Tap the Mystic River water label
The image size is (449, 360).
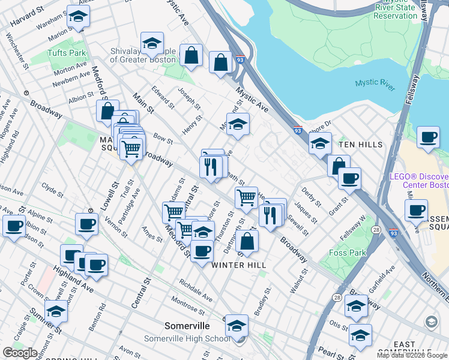(x=375, y=84)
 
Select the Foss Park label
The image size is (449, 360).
(x=348, y=253)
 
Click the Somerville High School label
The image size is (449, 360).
(x=187, y=338)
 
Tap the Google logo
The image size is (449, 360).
(x=20, y=353)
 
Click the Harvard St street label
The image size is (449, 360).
(x=28, y=19)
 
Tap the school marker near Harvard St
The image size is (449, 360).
(x=77, y=17)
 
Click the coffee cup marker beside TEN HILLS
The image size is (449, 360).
(x=427, y=137)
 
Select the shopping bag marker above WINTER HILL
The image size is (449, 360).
(x=247, y=242)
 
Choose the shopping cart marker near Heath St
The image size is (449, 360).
(x=246, y=197)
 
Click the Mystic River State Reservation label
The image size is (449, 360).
(x=394, y=11)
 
